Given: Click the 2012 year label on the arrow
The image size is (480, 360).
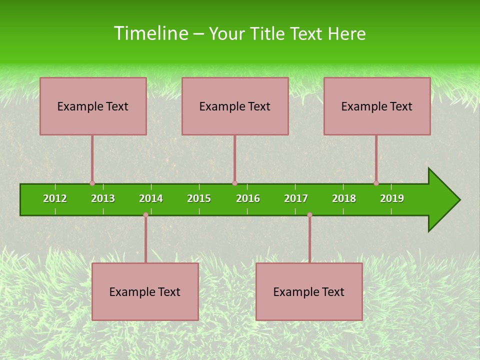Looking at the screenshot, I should click(x=55, y=198).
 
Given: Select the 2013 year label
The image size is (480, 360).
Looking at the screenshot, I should click(x=103, y=198).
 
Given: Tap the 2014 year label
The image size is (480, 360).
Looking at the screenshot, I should click(x=151, y=198).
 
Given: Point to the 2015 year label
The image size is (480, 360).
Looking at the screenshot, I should click(x=199, y=198).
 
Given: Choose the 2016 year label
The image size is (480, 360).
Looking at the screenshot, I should click(x=248, y=198).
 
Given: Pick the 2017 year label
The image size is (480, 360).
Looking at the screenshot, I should click(x=296, y=198).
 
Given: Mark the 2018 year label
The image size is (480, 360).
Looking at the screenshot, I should click(x=344, y=198).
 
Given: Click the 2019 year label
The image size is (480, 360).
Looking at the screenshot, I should click(x=392, y=198).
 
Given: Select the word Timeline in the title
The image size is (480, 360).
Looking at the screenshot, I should click(x=150, y=33).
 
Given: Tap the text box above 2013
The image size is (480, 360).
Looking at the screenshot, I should click(x=93, y=106).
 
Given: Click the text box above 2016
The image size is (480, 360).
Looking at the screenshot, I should click(x=235, y=106).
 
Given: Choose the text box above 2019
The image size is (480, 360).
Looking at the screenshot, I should click(x=377, y=106).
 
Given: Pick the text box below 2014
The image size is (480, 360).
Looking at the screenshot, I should click(x=145, y=291).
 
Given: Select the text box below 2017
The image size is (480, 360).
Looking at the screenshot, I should click(x=309, y=291).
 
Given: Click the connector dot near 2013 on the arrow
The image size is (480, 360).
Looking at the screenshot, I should click(x=92, y=183).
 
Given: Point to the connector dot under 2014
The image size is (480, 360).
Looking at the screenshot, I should click(x=145, y=215).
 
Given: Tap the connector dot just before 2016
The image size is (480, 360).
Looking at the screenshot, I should click(x=234, y=183).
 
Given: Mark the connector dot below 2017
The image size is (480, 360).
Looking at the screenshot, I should click(x=309, y=215).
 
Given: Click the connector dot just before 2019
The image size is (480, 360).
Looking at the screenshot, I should click(x=376, y=183).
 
